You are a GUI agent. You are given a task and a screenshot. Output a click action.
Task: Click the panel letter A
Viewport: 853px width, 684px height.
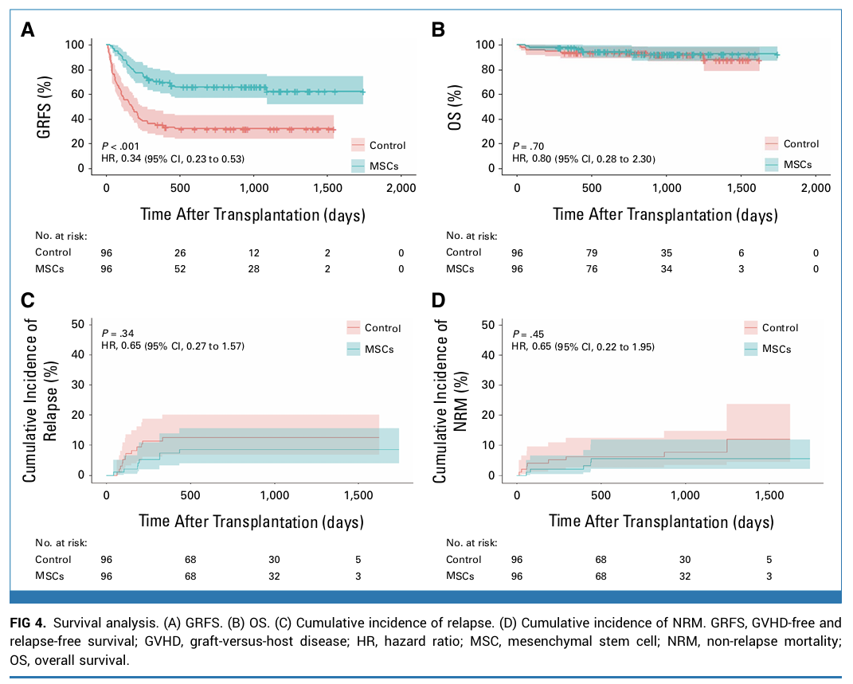tap(28, 30)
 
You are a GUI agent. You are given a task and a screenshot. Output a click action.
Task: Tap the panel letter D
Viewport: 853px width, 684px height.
tap(438, 300)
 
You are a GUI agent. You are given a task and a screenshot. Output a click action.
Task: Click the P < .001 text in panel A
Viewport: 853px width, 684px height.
tap(123, 147)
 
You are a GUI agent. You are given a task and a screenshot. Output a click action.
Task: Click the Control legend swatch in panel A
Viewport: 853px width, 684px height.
tap(358, 145)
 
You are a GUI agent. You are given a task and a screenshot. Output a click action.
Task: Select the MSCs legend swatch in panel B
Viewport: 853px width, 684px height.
tap(771, 164)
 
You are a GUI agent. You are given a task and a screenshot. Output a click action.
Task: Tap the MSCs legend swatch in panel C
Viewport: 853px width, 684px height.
tap(354, 349)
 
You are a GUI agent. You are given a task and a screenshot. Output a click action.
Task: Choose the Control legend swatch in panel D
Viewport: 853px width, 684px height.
tap(750, 327)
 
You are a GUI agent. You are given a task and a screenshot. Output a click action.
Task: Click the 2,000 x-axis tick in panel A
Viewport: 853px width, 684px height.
tap(401, 188)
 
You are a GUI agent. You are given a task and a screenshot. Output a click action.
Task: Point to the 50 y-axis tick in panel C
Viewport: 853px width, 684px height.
tap(78, 324)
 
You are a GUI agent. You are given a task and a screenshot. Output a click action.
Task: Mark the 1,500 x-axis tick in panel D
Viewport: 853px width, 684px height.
tap(769, 495)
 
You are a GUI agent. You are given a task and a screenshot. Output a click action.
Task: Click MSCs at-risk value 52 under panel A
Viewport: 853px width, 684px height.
tap(181, 269)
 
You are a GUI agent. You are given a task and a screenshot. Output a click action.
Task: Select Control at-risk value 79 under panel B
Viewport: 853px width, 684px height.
tap(592, 252)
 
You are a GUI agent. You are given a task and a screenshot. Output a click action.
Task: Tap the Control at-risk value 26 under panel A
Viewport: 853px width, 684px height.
tap(181, 252)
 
